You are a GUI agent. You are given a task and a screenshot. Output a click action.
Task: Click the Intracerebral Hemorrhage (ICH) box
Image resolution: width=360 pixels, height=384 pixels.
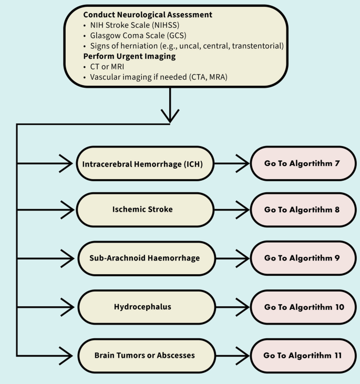142,164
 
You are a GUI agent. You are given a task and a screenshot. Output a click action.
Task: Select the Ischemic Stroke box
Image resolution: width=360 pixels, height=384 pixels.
142,209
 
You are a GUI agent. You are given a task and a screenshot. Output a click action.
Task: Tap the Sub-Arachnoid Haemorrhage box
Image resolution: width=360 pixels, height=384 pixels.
142,258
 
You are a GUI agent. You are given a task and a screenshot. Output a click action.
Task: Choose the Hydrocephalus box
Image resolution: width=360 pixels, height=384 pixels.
142,306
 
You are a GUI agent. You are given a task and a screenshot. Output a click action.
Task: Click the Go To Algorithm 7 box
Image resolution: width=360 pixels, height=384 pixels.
302,164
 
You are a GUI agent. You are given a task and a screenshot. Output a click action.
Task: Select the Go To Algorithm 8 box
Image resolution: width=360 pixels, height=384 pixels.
302,209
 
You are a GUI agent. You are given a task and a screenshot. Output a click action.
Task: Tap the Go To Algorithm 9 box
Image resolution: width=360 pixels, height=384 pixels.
302,258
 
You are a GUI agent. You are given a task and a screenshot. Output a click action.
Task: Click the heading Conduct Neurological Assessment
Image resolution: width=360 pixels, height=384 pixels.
148,15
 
